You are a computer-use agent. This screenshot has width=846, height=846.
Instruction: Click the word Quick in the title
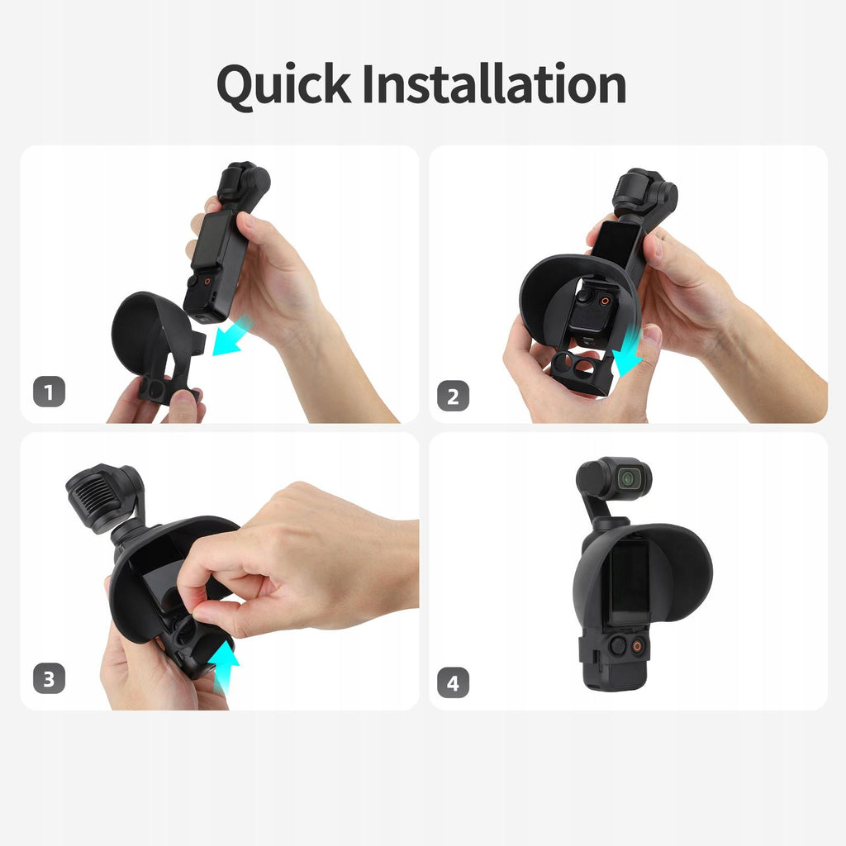(284, 85)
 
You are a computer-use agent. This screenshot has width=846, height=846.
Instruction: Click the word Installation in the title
(495, 83)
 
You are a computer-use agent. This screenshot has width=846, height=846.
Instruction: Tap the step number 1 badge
(49, 392)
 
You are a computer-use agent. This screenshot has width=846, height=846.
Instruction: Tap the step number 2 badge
(453, 396)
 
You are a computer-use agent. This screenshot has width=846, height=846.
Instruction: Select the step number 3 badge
(49, 678)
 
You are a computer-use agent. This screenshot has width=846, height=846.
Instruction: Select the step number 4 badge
(453, 682)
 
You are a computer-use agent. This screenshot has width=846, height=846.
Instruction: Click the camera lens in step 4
(629, 478)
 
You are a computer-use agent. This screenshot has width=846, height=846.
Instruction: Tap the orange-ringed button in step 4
(638, 646)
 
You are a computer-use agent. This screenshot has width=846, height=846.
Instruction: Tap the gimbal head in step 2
(645, 193)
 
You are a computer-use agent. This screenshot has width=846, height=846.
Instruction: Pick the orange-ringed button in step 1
(207, 281)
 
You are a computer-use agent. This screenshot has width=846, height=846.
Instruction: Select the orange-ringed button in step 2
(606, 301)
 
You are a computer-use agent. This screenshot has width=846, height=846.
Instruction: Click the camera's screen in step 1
(211, 240)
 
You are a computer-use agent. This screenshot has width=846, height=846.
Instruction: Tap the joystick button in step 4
(618, 644)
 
